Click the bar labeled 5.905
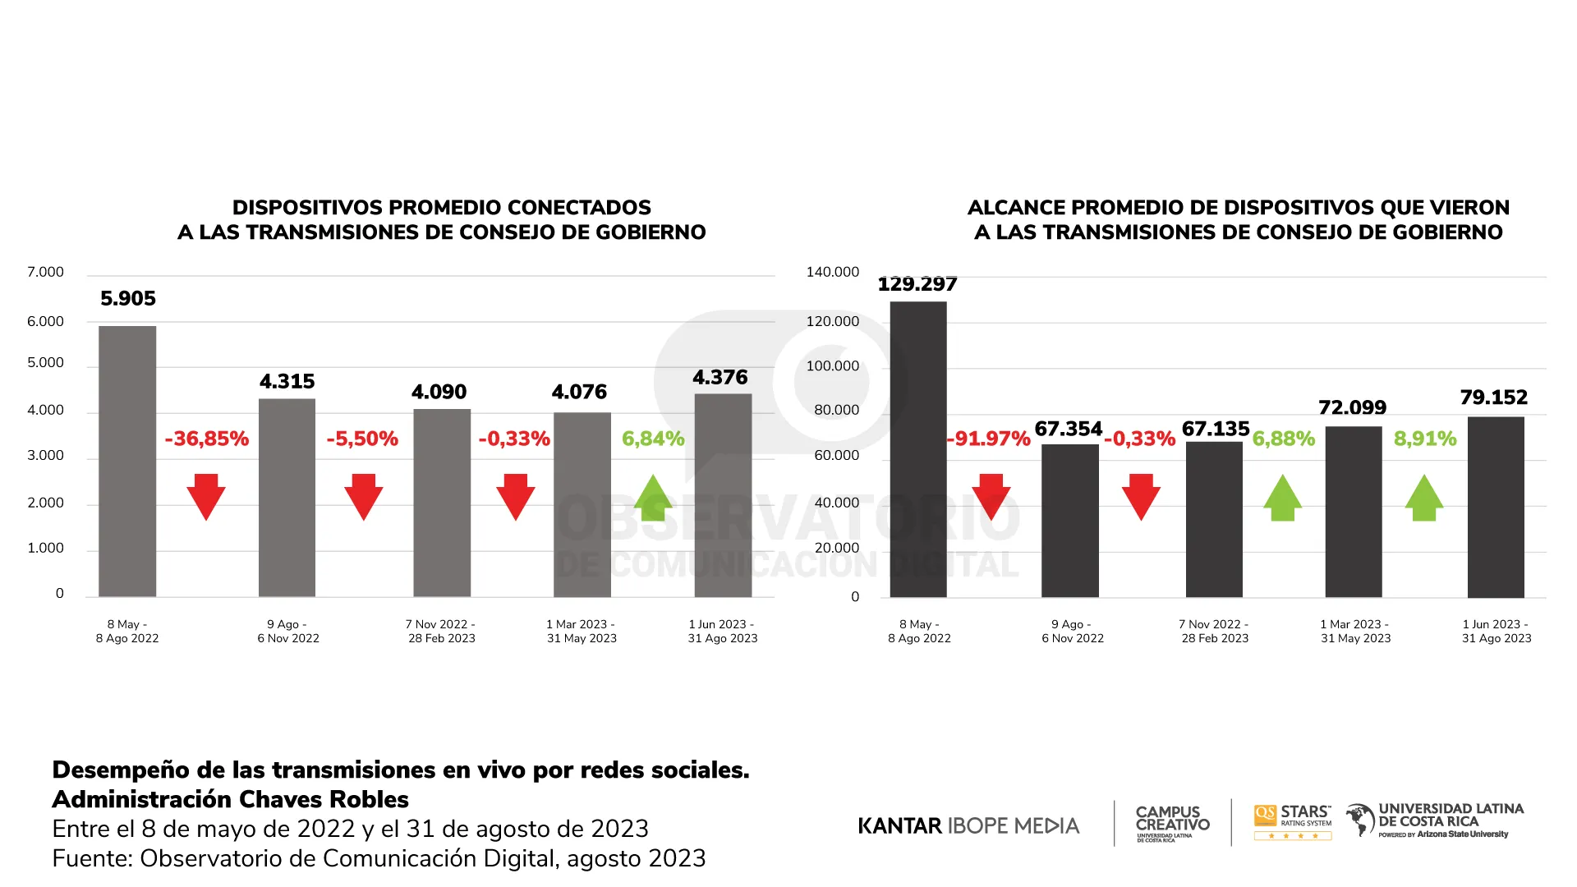[127, 460]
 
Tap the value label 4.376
[720, 377]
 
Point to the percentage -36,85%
[206, 439]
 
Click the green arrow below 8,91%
[1424, 498]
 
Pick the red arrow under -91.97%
[991, 496]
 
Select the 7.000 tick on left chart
[45, 272]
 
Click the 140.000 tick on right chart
[832, 272]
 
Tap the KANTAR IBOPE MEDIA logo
[968, 825]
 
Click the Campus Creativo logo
[1172, 822]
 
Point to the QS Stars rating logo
[1292, 822]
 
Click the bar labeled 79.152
[1496, 507]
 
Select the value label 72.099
[1352, 407]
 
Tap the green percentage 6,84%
[653, 439]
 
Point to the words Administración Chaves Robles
[231, 799]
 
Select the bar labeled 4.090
[442, 503]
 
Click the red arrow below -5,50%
[363, 496]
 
